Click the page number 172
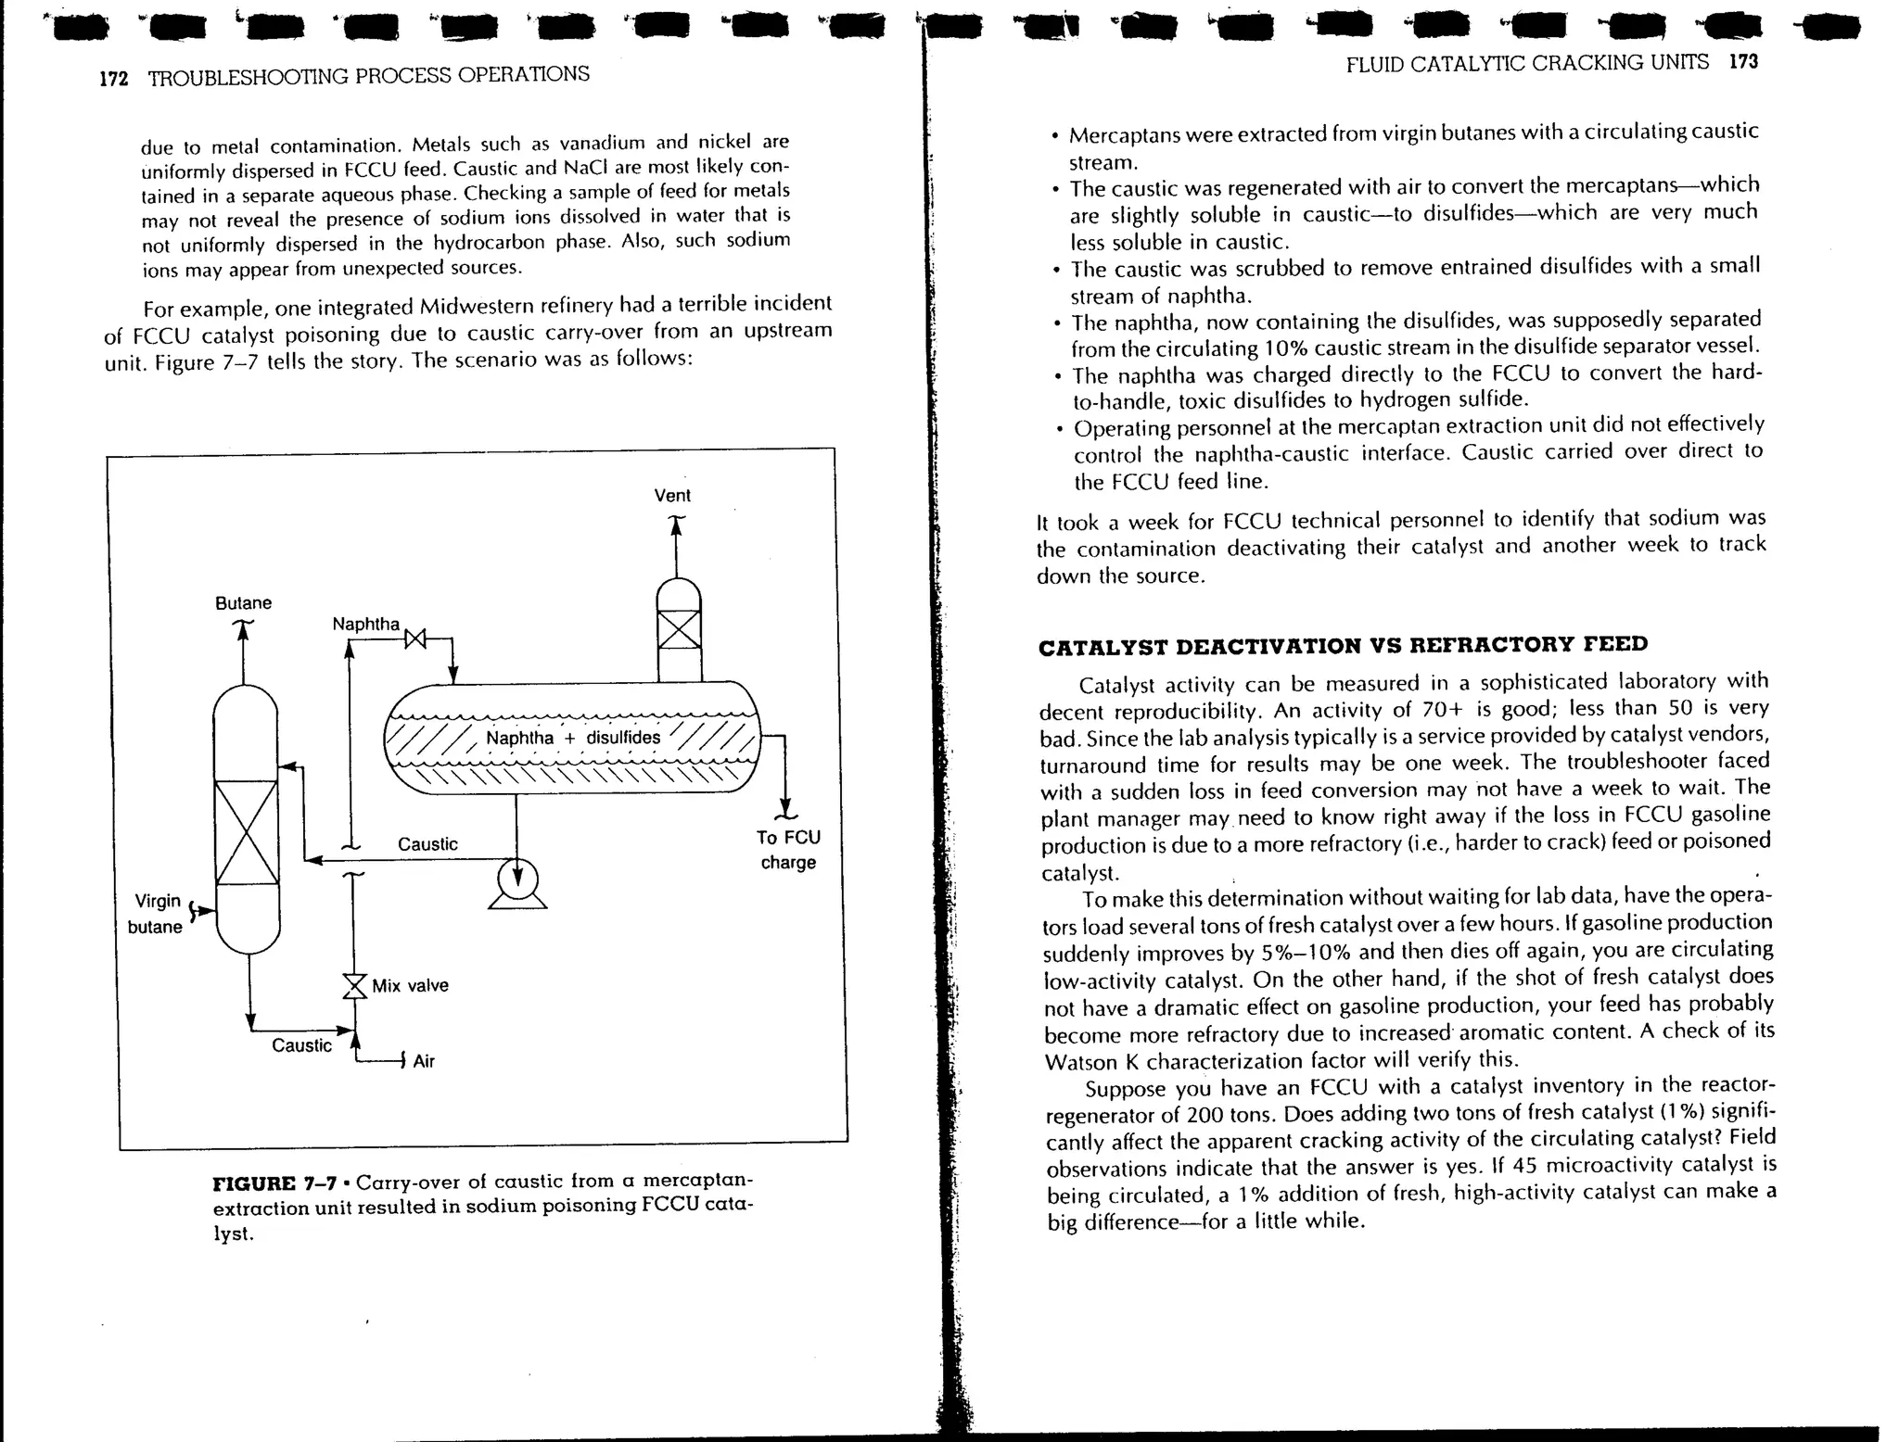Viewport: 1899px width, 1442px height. tap(113, 79)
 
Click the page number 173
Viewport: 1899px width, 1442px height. tap(1743, 61)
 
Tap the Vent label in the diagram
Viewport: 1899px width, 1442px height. tap(672, 496)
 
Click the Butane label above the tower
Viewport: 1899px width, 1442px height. tap(243, 603)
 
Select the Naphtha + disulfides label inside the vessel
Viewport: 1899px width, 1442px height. tap(573, 738)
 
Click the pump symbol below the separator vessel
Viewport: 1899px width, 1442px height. tap(517, 879)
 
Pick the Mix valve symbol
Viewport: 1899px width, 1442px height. tap(354, 986)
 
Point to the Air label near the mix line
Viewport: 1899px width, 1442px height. tap(424, 1062)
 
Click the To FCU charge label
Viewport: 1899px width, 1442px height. tap(788, 850)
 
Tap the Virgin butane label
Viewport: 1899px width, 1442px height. tap(157, 914)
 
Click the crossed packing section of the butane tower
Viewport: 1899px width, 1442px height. tap(246, 832)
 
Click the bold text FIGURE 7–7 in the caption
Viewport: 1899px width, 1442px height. tap(274, 1184)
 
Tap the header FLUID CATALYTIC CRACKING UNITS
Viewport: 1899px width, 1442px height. tap(1526, 63)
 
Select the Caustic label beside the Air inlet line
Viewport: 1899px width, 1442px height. tap(301, 1046)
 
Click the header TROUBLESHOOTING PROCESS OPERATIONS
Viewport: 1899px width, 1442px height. tap(368, 76)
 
